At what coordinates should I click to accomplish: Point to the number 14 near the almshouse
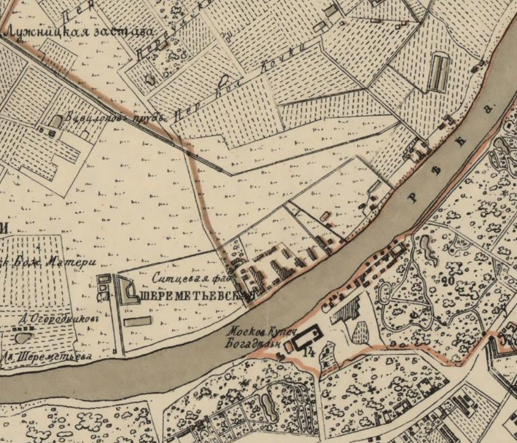pos(310,352)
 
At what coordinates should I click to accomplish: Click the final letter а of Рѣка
pos(488,108)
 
